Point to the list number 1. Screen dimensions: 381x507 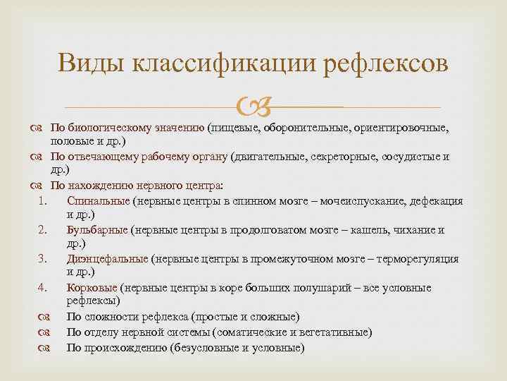42,201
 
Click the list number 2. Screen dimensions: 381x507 42,230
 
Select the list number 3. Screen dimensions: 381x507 42,259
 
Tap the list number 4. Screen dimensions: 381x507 42,288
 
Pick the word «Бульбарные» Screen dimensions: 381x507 97,230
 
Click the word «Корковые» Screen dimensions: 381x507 92,288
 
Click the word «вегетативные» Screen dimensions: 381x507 337,332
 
